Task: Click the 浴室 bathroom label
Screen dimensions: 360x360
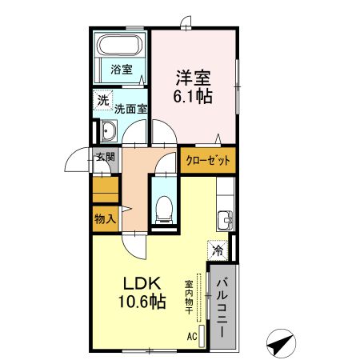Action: click(122, 69)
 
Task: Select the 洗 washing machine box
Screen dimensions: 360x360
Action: click(102, 102)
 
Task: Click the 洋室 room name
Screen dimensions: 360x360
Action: click(194, 78)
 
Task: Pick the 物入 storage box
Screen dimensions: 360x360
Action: click(105, 218)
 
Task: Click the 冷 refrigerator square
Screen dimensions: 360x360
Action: click(218, 250)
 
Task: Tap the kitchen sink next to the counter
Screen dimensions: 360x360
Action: click(225, 218)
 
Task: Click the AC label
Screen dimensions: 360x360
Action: click(191, 337)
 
